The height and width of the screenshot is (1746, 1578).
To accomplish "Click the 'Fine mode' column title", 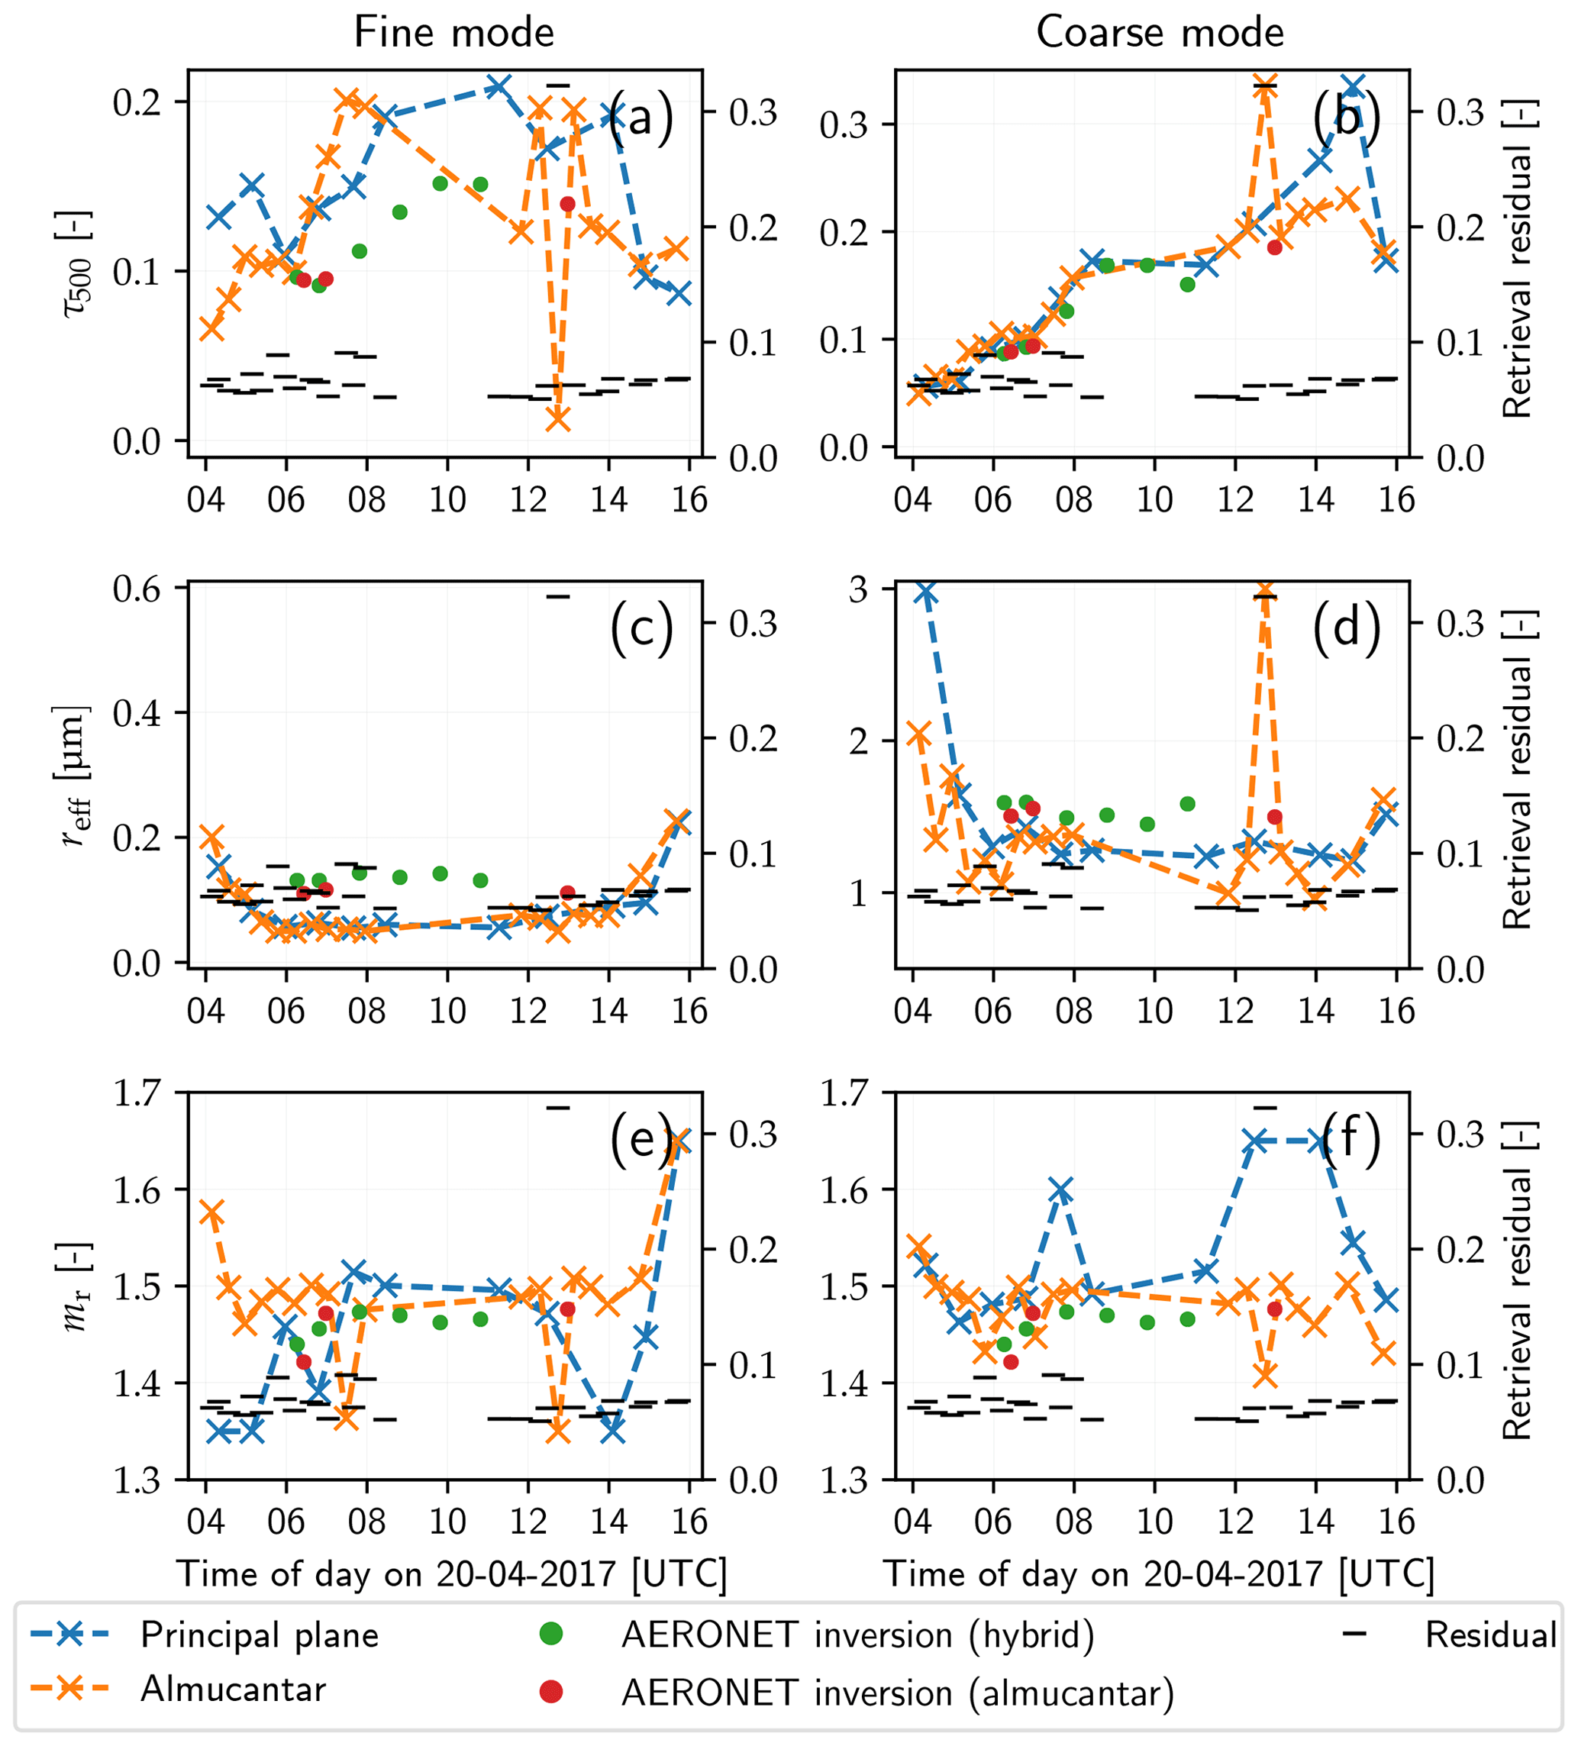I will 453,33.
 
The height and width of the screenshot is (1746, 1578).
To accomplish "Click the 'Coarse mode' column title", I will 1159,33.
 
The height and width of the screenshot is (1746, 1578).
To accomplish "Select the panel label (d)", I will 1346,627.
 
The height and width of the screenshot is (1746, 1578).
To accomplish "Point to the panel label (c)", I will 641,627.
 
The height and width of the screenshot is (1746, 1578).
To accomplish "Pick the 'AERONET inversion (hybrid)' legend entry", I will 857,1635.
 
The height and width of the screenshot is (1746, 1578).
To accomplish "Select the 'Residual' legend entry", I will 1489,1635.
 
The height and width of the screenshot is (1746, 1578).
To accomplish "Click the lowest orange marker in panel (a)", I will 558,419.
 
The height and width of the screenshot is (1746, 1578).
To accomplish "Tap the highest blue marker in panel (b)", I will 1354,86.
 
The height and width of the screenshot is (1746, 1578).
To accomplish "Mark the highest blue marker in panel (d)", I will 926,592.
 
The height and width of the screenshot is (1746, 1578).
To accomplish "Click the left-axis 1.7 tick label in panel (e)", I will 137,1093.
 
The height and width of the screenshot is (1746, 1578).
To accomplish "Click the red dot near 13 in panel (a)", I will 568,205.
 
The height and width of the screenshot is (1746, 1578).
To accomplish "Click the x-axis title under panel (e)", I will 451,1573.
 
